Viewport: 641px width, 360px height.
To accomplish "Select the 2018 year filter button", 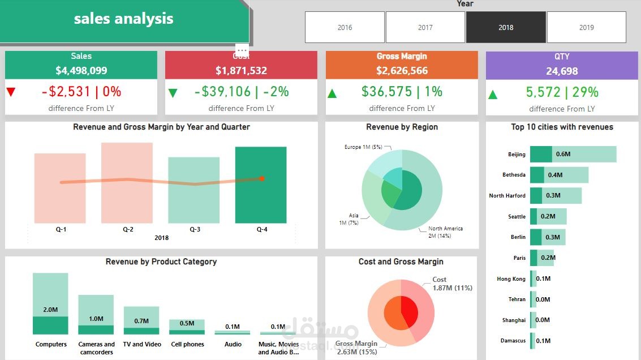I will pos(506,27).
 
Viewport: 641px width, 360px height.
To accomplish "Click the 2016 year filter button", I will pos(345,27).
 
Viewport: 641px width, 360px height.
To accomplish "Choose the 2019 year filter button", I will pos(586,27).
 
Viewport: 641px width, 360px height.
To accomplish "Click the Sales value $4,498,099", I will pos(81,71).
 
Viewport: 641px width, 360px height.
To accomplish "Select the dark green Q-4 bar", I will pos(261,185).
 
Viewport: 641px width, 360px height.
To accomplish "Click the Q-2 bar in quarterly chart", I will pos(127,182).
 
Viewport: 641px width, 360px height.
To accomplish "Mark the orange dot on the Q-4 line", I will pos(262,178).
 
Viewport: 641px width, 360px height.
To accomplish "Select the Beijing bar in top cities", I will pos(573,154).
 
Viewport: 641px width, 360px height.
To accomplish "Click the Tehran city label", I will pos(517,299).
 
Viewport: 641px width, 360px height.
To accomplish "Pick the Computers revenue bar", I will pos(50,303).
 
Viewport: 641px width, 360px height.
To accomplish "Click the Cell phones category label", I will pos(187,344).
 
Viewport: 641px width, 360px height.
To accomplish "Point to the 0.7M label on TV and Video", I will pos(141,321).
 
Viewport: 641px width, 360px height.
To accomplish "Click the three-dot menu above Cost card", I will pos(242,50).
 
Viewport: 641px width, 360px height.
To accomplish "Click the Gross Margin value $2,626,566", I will pos(402,71).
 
